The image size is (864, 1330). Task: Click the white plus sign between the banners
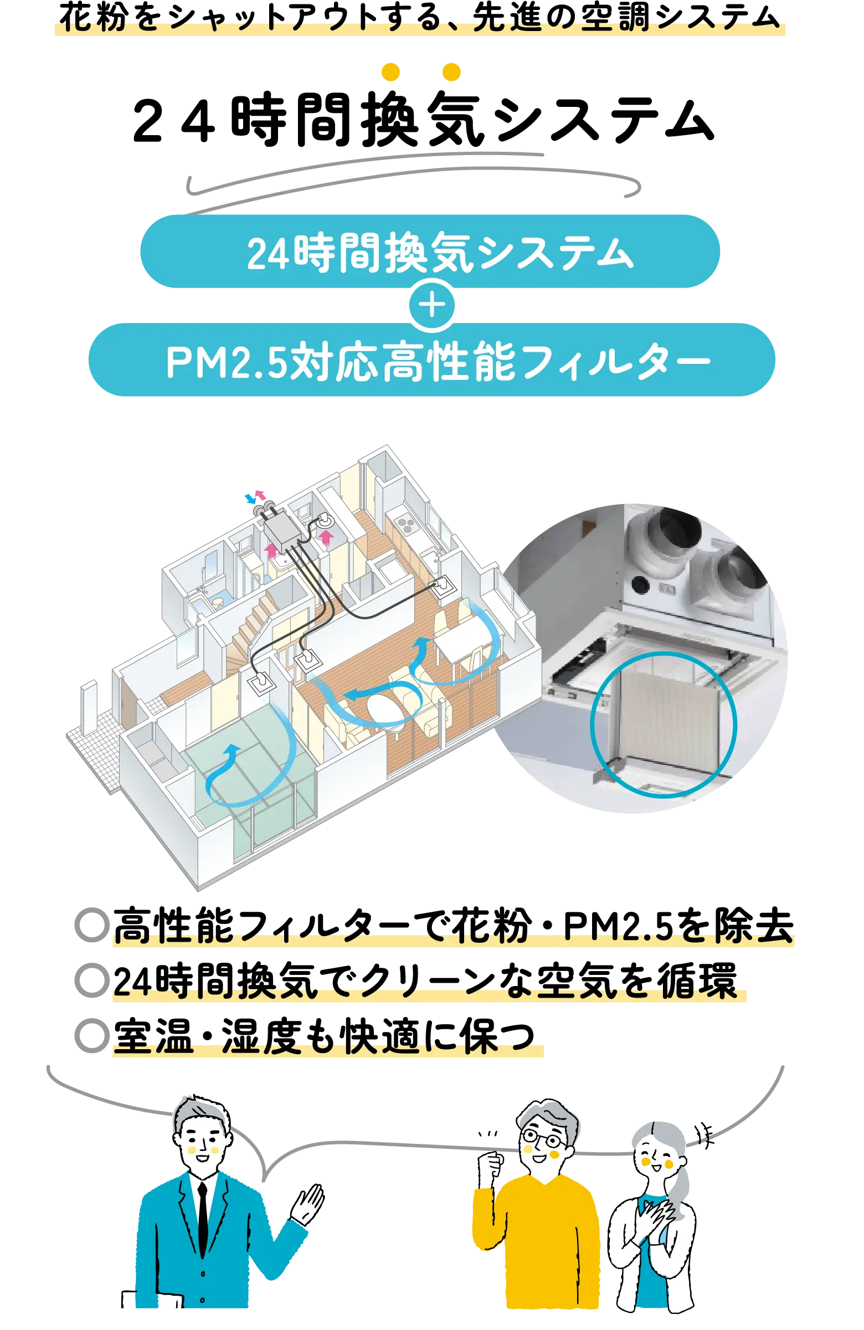pos(431,305)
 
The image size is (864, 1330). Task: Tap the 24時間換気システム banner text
pos(440,253)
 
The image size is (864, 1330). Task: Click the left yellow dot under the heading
pos(391,73)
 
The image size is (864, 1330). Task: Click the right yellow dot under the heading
pos(451,73)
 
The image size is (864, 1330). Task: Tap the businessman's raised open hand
pos(309,1202)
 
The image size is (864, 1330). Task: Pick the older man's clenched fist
pos(491,1167)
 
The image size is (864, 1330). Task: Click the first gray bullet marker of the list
pos(90,925)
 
